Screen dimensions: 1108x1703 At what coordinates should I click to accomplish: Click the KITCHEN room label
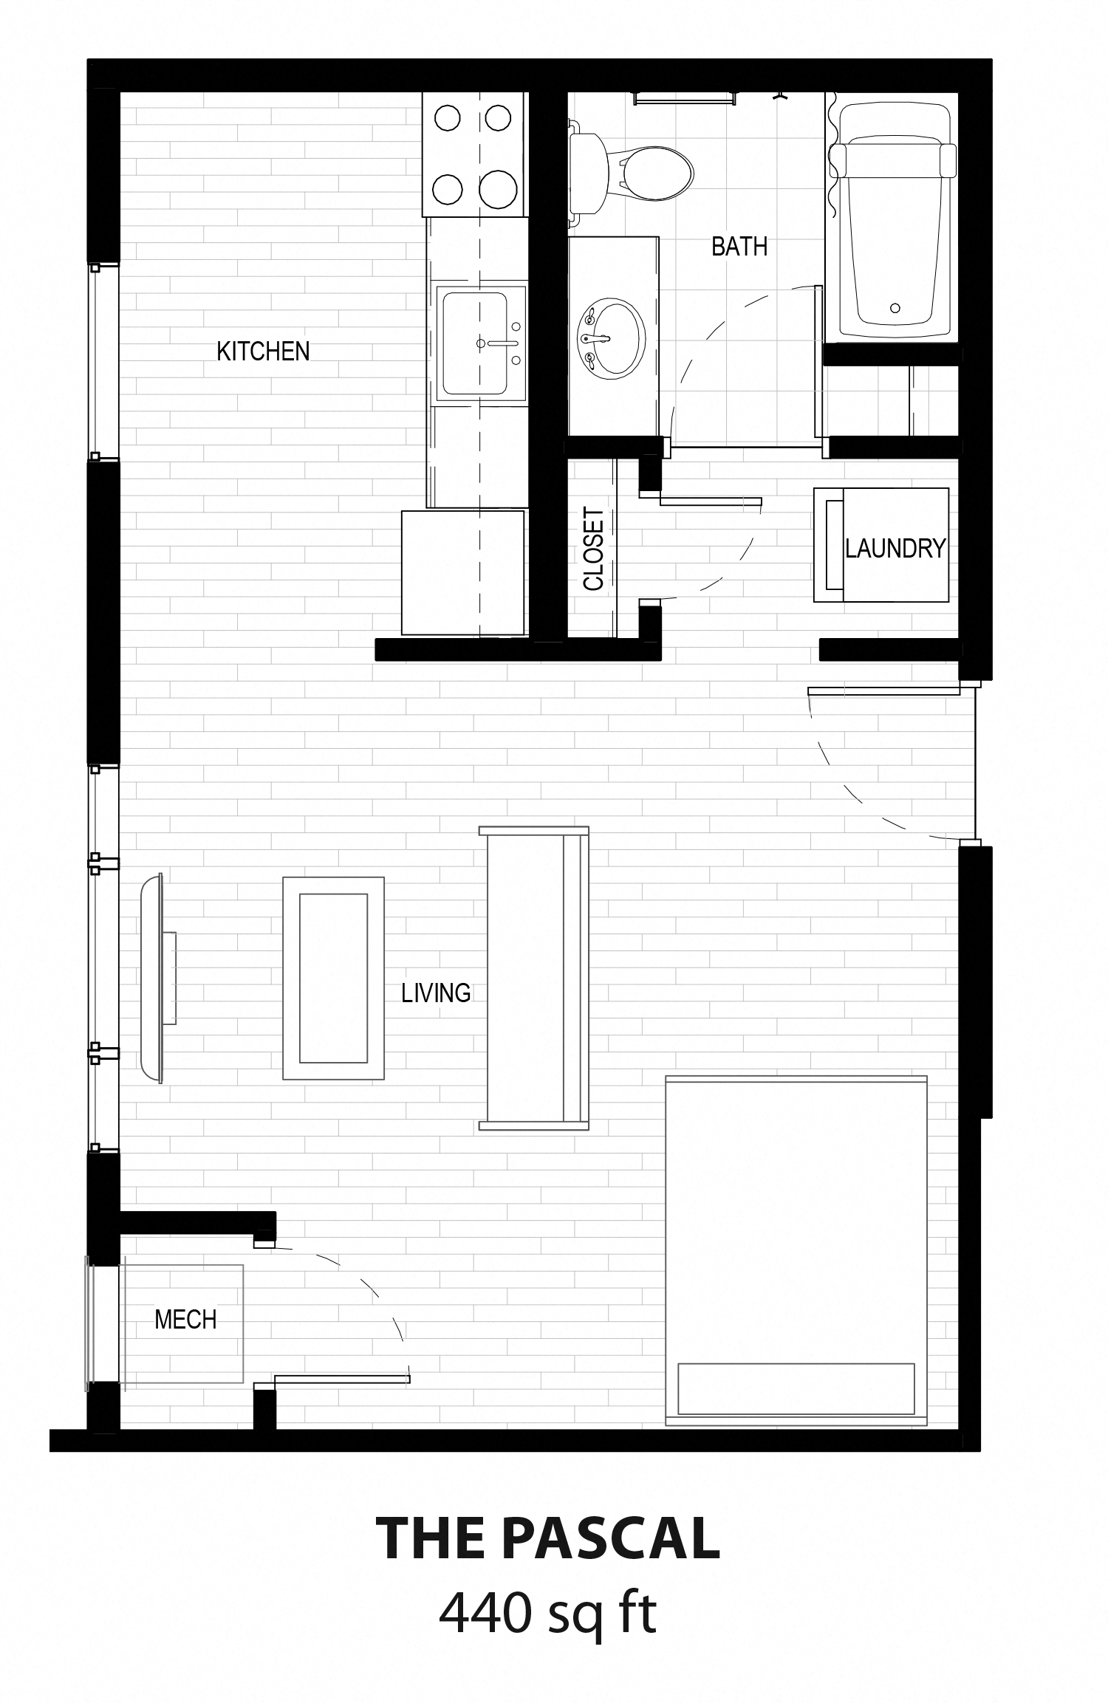pos(263,351)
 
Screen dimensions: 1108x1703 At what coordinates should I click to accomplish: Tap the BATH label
pos(739,246)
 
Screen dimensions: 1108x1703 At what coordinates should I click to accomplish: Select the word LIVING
pos(436,993)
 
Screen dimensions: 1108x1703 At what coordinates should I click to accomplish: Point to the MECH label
pos(185,1319)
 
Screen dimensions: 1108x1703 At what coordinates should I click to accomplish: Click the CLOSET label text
pos(594,549)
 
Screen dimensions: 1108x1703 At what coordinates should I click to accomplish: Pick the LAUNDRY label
pos(895,548)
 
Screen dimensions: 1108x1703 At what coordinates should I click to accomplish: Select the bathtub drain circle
pos(895,308)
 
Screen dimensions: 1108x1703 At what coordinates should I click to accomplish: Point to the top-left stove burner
pos(447,117)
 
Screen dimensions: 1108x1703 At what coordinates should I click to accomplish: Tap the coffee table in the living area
pos(334,979)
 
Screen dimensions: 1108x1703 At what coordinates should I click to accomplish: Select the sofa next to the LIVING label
pos(534,979)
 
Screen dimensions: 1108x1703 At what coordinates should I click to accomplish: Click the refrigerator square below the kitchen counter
pos(463,572)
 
